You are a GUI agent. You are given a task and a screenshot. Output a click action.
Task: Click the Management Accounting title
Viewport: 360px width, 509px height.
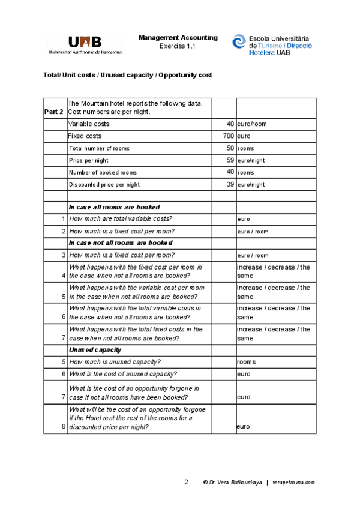pos(178,37)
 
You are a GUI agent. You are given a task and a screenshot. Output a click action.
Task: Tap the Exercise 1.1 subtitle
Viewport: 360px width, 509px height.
pos(178,46)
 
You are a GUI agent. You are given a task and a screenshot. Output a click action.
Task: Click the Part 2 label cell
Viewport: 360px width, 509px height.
pos(54,112)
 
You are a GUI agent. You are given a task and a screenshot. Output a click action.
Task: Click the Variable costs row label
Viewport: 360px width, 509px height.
pos(89,124)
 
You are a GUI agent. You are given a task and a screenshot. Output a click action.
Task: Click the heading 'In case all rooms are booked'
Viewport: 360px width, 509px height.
pos(114,207)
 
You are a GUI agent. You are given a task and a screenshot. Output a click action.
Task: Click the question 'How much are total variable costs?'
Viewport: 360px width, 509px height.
pos(121,219)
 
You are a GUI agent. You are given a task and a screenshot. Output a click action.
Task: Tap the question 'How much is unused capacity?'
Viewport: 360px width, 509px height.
pos(115,362)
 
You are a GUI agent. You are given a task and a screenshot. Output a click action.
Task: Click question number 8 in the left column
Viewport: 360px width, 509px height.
pos(63,427)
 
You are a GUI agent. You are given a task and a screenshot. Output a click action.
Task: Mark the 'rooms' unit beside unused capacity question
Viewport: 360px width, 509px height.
pos(246,362)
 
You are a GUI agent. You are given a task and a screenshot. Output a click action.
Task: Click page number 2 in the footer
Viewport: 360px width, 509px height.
pos(186,482)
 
